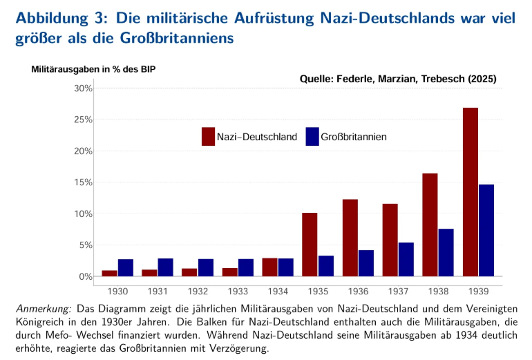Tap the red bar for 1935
pos(310,245)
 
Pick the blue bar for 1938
pos(446,252)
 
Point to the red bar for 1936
pos(350,238)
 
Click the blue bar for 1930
pos(125,267)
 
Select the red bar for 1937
pos(390,240)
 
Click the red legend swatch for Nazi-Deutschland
pos(208,137)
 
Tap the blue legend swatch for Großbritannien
pos(312,137)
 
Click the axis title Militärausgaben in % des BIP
pos(98,69)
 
